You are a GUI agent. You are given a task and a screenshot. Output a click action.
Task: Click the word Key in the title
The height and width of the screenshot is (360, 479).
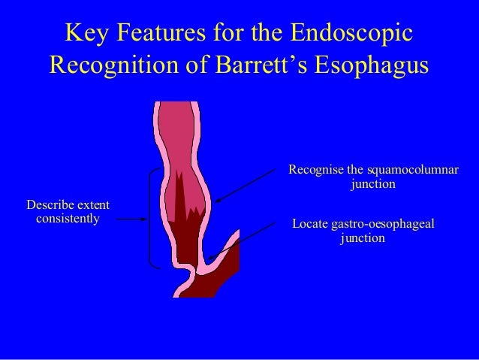[86, 34]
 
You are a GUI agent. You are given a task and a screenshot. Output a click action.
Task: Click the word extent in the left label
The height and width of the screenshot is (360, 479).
[94, 204]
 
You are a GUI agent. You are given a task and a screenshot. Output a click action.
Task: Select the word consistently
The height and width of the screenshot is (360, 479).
[67, 219]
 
